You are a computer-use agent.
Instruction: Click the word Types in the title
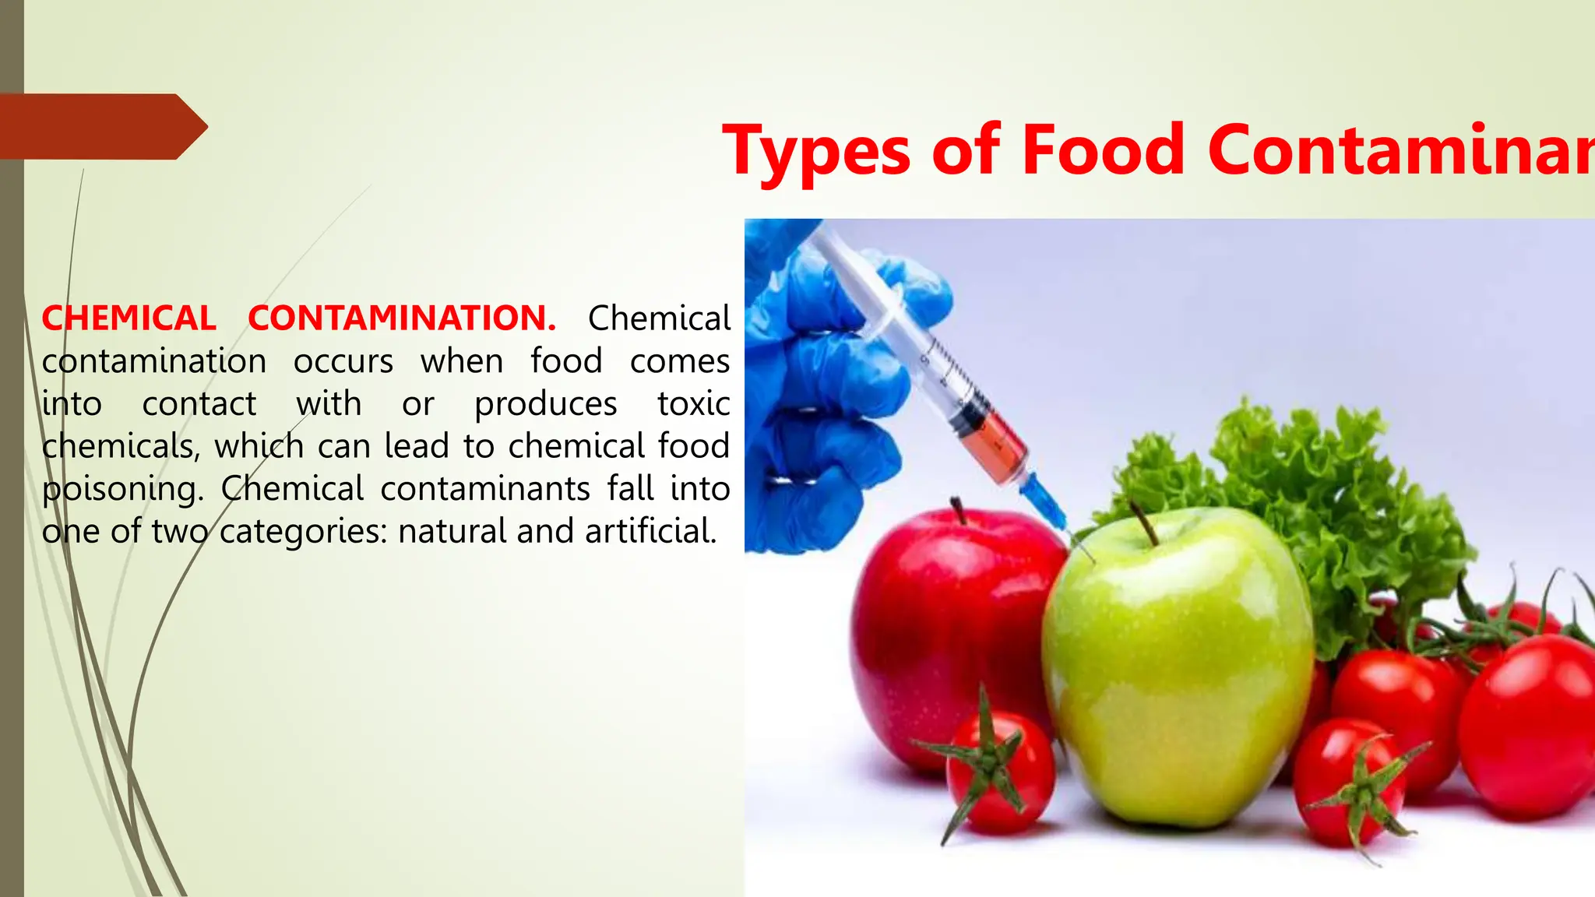pos(815,150)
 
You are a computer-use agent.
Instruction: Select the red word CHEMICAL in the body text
pos(129,318)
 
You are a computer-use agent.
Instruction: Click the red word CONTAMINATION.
pos(401,318)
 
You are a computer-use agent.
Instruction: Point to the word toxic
pos(693,403)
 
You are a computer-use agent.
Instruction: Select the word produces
pos(545,404)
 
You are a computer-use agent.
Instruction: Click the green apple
pos(1176,670)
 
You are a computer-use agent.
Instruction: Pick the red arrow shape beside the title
pos(101,127)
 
